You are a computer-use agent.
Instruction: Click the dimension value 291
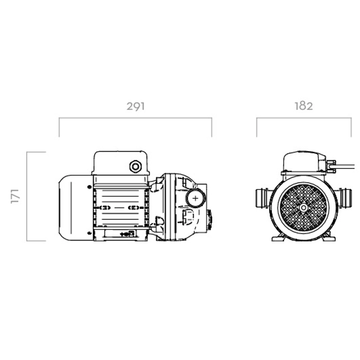click(x=136, y=106)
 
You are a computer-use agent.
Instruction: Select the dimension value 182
click(x=304, y=106)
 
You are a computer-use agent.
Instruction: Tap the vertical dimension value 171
click(x=15, y=196)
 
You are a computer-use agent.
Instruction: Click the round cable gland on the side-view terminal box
click(x=136, y=166)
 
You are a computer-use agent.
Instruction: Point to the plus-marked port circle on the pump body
click(x=196, y=198)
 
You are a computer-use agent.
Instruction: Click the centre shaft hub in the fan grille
click(x=304, y=208)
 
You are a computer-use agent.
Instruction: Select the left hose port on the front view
click(x=263, y=198)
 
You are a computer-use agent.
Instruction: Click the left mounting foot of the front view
click(x=278, y=238)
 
